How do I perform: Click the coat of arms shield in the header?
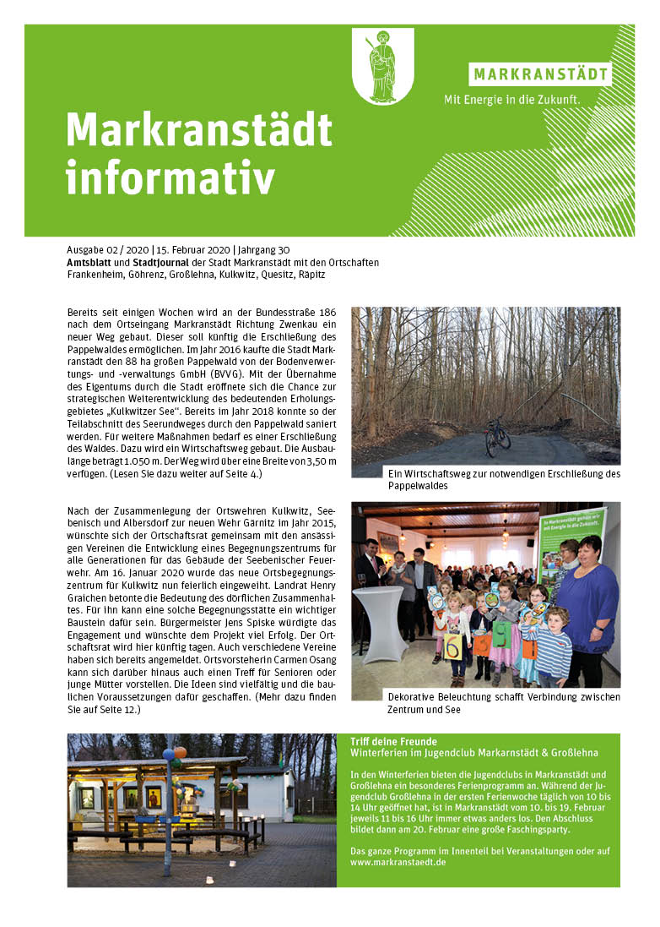(382, 65)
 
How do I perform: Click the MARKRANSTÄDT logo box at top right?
(540, 74)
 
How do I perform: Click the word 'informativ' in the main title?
(170, 177)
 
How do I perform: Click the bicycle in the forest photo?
(497, 437)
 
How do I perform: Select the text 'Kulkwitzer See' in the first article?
(173, 408)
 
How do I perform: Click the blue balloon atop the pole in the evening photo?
(168, 753)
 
